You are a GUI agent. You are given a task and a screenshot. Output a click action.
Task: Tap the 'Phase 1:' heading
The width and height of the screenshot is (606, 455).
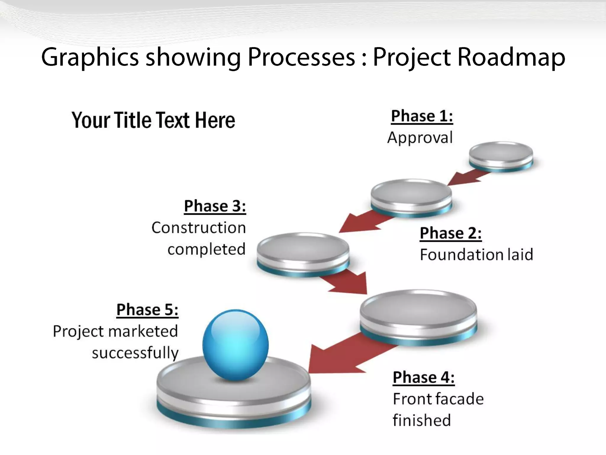point(422,116)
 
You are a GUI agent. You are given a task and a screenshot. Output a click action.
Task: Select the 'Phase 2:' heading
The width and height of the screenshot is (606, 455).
point(451,233)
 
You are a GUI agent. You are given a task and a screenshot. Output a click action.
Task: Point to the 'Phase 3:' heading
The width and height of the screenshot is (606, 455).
point(215,206)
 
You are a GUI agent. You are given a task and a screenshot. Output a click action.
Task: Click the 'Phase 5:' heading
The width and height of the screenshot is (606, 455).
point(147,310)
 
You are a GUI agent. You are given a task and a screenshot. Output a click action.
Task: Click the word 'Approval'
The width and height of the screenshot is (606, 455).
point(420,138)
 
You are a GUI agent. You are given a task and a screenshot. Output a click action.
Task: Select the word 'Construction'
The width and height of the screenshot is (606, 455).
point(199,228)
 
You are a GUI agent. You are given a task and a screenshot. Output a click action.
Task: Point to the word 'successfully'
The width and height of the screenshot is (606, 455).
point(135,353)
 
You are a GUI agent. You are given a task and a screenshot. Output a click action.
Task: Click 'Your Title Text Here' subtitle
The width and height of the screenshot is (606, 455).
point(153,120)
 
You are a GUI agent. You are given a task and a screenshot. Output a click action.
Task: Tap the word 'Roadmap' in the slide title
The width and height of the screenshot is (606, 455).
point(511,57)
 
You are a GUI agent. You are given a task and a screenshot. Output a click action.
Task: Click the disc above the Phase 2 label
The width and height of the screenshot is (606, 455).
point(411,197)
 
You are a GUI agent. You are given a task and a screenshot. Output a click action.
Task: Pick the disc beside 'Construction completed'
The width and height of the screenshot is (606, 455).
point(303,253)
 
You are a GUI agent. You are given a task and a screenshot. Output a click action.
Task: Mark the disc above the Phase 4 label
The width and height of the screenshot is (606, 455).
point(418,315)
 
